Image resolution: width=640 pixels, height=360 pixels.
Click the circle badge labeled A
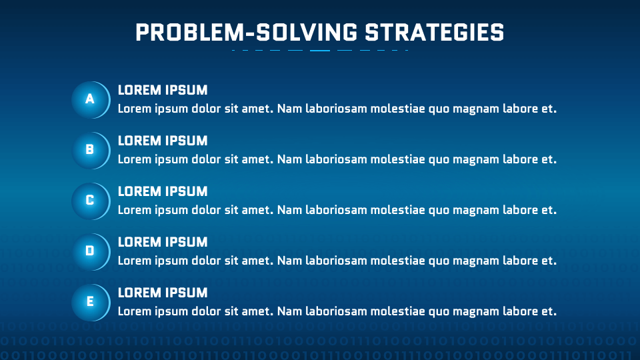91,100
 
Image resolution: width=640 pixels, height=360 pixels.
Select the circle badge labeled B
91,151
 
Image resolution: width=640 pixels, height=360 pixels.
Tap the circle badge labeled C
91,201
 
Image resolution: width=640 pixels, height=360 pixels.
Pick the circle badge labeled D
91,252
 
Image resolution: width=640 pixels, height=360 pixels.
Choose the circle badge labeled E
91,303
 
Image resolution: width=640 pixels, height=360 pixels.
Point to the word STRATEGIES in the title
434,33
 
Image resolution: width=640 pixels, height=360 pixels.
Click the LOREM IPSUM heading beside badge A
163,90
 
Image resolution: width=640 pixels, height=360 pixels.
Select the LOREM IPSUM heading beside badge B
163,141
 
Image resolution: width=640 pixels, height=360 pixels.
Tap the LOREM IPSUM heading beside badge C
163,191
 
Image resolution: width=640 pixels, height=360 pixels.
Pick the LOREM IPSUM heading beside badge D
163,242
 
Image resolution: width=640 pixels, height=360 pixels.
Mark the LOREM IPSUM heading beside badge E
163,293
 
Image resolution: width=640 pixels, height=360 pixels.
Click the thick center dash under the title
320,51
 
